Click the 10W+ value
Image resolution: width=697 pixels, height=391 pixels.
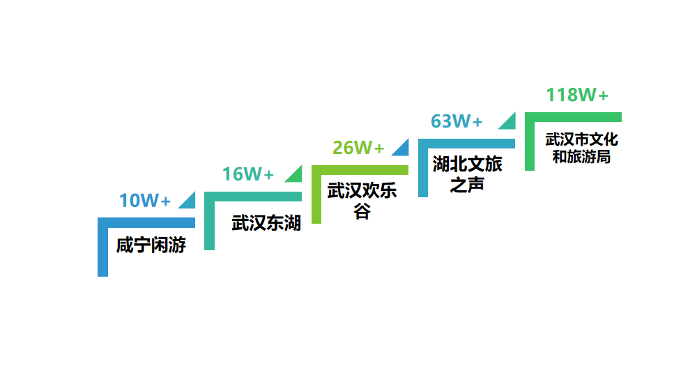pos(144,201)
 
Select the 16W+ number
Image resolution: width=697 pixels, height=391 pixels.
pos(247,174)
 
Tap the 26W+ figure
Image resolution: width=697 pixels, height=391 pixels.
pos(358,148)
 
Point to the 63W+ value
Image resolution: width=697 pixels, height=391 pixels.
pos(457,121)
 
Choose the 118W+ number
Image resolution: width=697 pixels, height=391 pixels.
pos(577,95)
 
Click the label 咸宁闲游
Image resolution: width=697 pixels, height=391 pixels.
pos(151,245)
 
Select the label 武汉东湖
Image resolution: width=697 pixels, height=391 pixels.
pos(266,223)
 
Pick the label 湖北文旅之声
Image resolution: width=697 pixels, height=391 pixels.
pos(467,174)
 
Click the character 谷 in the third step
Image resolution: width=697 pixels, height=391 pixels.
pos(362,210)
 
